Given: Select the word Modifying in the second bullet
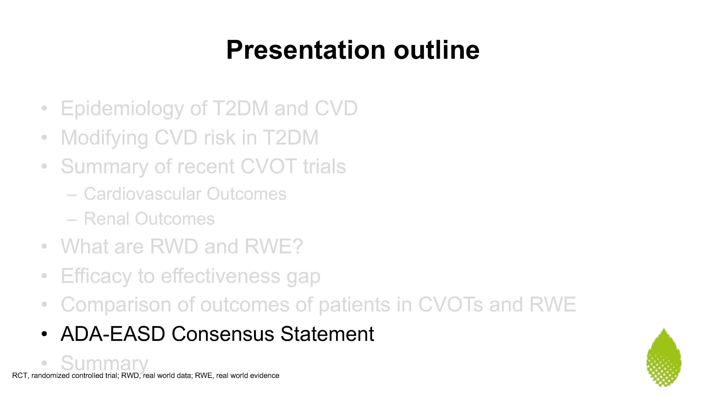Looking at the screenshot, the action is [104, 138].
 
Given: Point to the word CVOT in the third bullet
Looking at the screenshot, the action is [268, 166].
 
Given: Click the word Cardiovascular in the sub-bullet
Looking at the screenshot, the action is [142, 194].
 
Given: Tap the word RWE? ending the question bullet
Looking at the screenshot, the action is [273, 246].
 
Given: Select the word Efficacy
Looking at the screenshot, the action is [96, 276].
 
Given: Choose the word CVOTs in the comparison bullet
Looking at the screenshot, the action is [450, 305].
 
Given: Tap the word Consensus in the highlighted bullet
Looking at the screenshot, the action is [223, 334].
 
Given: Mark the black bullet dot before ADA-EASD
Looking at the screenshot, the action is [44, 334].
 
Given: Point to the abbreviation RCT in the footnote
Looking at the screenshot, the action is [20, 376].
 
